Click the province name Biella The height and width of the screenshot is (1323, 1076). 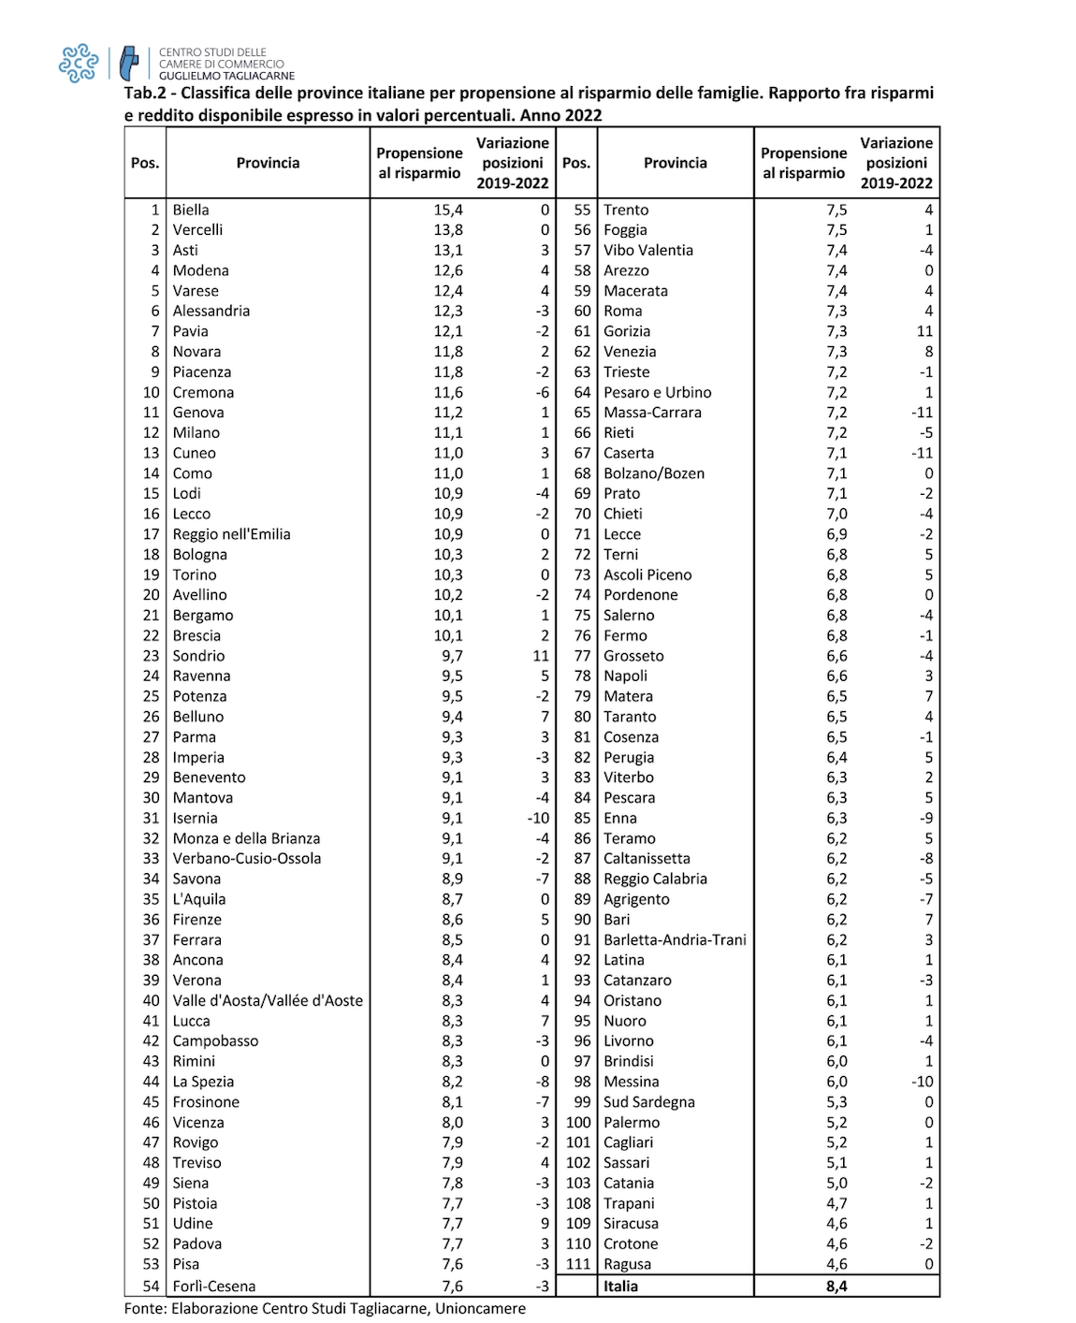[191, 210]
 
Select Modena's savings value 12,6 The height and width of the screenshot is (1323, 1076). [448, 270]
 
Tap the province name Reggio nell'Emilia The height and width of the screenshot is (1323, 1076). [231, 534]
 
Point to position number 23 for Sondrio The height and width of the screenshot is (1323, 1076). [152, 656]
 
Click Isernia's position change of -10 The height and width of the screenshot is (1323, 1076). [538, 818]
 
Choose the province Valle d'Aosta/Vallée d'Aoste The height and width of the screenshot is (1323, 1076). [268, 1000]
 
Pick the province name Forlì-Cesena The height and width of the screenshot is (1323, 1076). [214, 1286]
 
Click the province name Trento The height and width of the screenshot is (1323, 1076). [626, 210]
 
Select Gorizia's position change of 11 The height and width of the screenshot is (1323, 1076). [924, 331]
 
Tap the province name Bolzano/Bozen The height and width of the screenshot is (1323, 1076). [654, 473]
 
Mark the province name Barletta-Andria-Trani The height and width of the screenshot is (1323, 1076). [675, 939]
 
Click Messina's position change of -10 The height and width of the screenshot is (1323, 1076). [923, 1082]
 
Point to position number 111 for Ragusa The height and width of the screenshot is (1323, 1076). [578, 1264]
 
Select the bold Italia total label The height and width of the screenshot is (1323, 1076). [620, 1286]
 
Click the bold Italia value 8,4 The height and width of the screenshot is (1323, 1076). [836, 1286]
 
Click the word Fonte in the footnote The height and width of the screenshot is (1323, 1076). [144, 1308]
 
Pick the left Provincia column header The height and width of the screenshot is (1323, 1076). [268, 163]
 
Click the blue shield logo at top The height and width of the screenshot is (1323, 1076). [129, 64]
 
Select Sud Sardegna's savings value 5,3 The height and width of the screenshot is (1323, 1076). [836, 1102]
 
